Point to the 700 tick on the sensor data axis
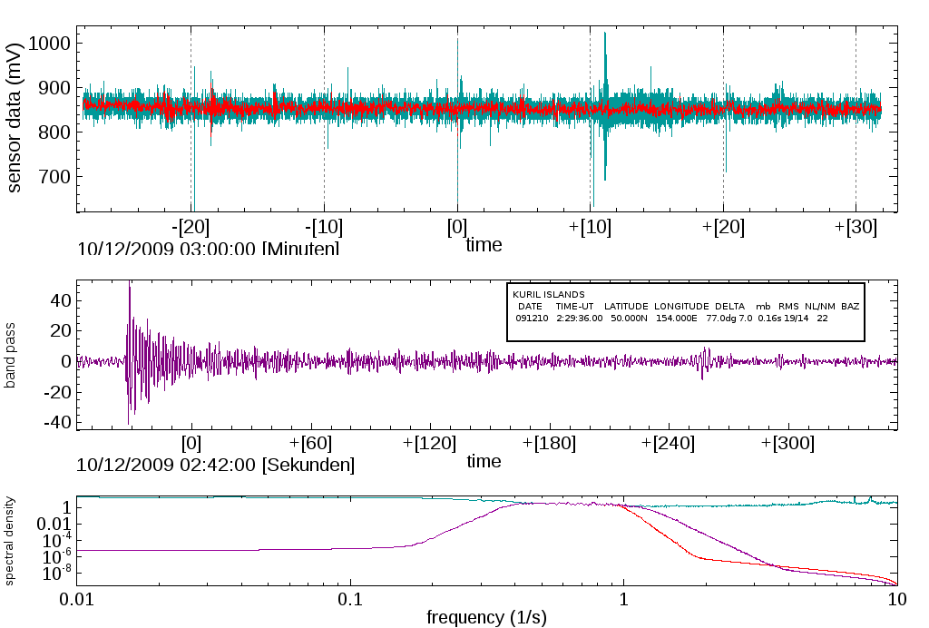[57, 176]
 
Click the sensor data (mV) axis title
[15, 121]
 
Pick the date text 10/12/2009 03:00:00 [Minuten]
[208, 248]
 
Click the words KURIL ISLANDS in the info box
[548, 295]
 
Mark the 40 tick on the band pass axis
[61, 299]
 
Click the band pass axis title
[11, 361]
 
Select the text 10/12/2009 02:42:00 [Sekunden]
[216, 465]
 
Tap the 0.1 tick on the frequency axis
[350, 599]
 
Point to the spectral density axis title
[11, 540]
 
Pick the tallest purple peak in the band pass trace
[130, 284]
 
